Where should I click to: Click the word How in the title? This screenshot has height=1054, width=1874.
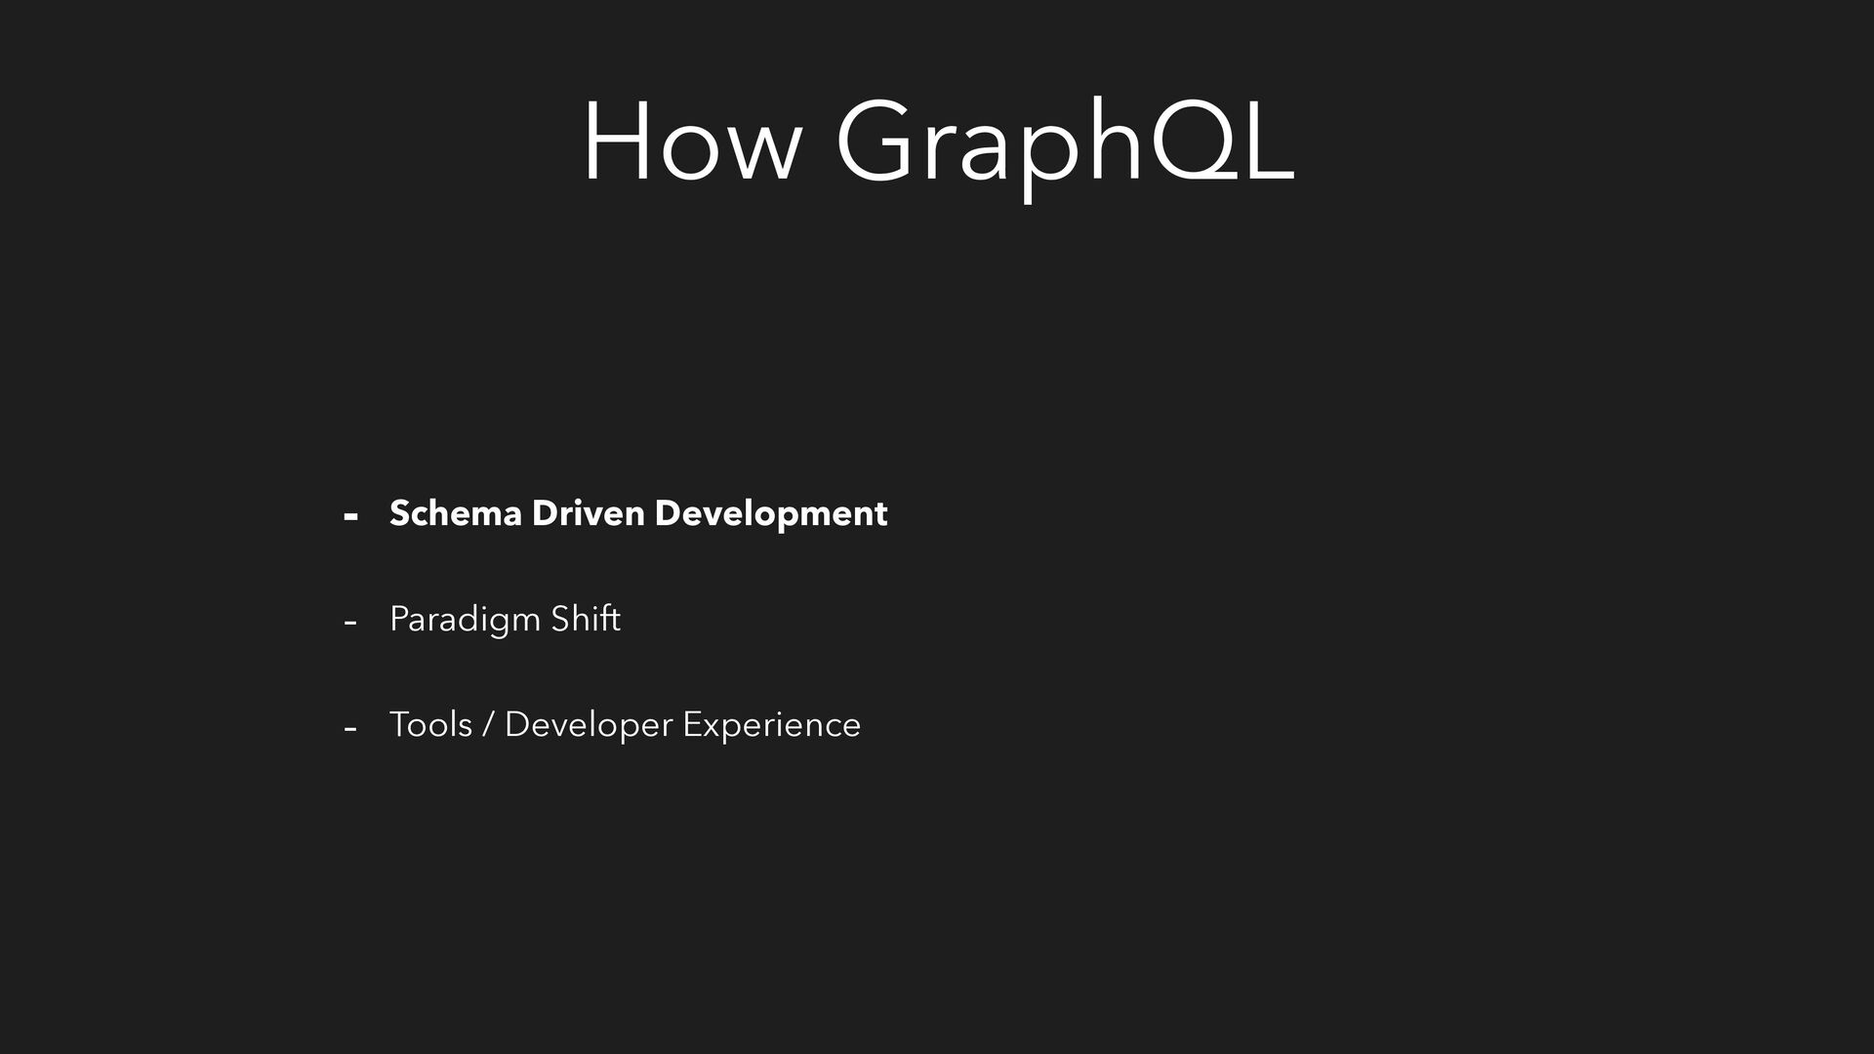click(x=692, y=141)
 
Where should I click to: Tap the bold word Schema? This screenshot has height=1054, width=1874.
click(x=456, y=513)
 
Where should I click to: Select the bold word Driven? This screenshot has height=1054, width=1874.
click(x=588, y=513)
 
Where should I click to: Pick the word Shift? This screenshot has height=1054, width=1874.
click(x=586, y=619)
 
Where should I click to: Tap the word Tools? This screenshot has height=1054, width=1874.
click(x=430, y=724)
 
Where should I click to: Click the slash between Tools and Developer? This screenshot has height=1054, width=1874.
click(x=488, y=725)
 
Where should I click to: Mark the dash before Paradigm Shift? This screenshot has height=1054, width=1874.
click(x=350, y=623)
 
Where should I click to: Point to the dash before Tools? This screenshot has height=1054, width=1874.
click(x=350, y=728)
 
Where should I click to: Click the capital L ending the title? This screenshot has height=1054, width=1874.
click(x=1267, y=141)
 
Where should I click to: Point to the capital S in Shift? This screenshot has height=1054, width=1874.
click(x=561, y=619)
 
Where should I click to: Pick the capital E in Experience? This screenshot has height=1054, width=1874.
click(x=692, y=724)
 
